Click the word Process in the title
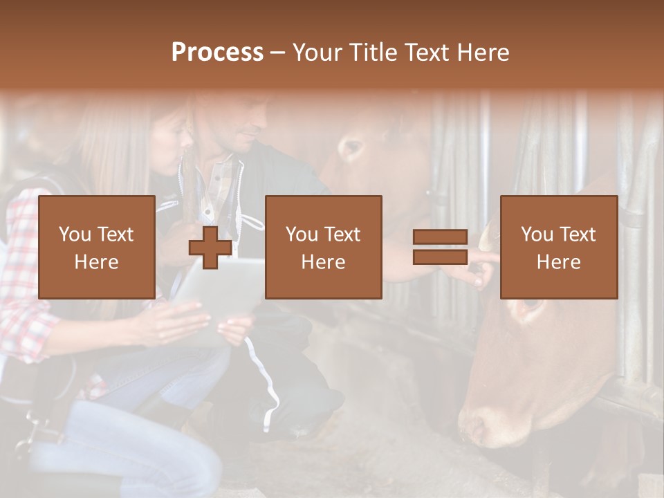(x=217, y=53)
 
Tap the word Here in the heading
(x=483, y=53)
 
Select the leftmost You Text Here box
(x=97, y=247)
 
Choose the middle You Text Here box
(x=323, y=247)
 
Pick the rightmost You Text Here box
(x=558, y=247)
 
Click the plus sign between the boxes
(x=210, y=247)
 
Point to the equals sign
(x=440, y=247)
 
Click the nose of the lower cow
(x=477, y=422)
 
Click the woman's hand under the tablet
(x=173, y=322)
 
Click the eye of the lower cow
(x=529, y=304)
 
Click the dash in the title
(x=278, y=53)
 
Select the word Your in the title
(x=317, y=53)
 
